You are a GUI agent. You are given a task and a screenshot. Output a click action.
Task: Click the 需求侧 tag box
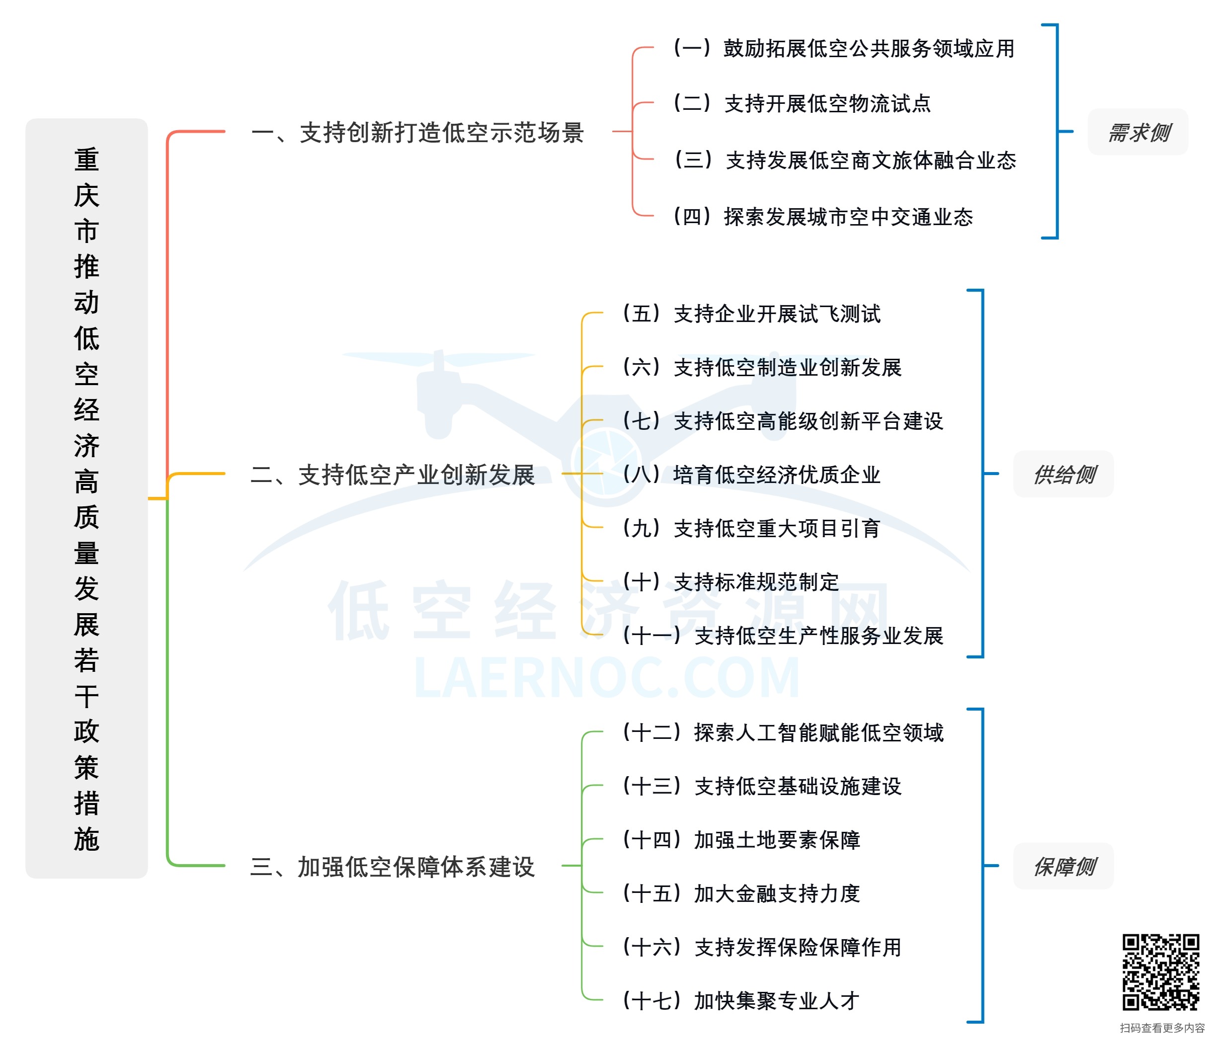1137,132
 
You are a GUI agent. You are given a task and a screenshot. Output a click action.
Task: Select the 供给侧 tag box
1063,474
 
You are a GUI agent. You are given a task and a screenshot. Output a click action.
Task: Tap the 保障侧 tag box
1063,866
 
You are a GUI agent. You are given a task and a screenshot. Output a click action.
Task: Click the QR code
1160,972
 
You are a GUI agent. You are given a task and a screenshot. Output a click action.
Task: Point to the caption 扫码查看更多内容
1162,1028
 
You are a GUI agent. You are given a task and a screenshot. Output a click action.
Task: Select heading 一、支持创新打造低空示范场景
417,132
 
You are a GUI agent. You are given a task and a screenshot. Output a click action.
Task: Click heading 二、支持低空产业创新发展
393,475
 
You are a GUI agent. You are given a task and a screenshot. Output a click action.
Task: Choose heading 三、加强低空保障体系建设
393,867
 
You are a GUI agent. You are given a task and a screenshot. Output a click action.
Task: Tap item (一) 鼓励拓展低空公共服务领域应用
844,49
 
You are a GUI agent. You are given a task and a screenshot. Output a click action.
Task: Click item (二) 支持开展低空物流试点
802,104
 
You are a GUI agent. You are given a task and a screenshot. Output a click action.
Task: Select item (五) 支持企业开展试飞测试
751,314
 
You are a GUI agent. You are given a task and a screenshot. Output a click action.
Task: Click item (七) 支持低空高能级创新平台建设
782,421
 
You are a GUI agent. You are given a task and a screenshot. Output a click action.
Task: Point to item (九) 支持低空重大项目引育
751,528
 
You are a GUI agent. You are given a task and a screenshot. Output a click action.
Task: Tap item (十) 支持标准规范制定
730,582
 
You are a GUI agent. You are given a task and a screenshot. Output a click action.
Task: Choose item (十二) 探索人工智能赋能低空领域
782,732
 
